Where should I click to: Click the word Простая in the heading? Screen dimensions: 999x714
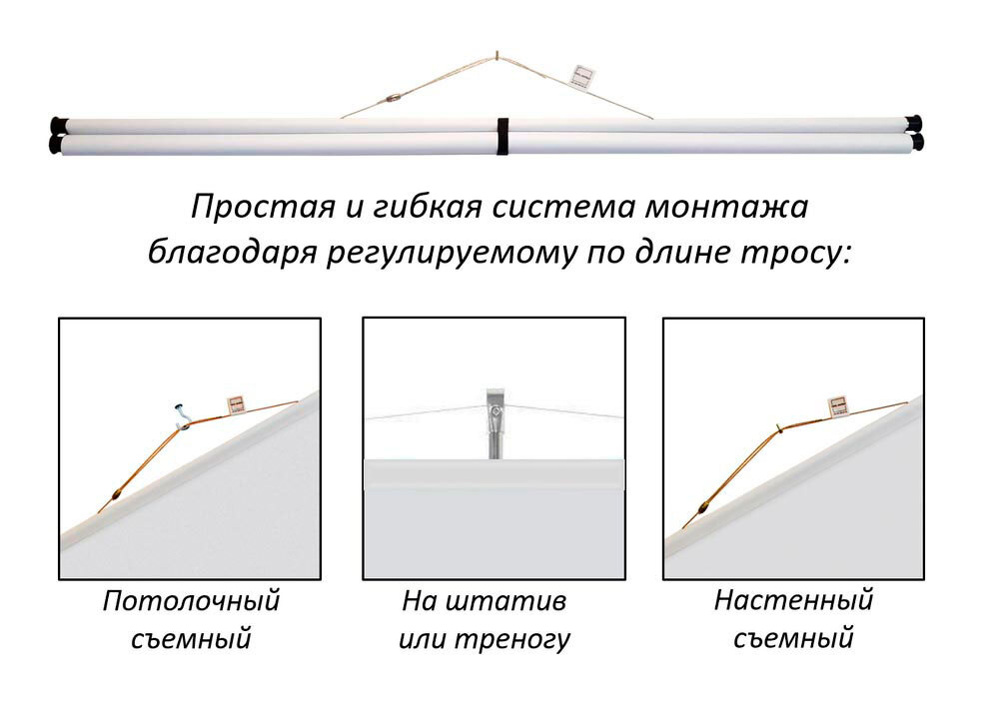[263, 207]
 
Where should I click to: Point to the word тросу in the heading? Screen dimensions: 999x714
[796, 254]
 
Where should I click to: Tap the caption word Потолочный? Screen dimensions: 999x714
[191, 600]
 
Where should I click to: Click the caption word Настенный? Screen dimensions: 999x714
[793, 600]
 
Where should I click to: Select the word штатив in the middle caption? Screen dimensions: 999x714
[505, 600]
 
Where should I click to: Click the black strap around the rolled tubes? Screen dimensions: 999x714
[502, 136]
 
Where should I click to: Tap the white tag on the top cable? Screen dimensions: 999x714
[584, 75]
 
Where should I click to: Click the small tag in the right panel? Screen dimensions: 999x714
[839, 405]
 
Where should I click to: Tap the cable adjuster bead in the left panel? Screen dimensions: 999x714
[117, 493]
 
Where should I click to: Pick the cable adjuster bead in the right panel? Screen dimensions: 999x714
[703, 507]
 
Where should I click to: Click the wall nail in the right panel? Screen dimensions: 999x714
[778, 428]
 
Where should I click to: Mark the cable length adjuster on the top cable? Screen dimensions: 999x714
[394, 99]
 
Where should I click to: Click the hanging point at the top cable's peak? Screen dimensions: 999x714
[497, 55]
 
